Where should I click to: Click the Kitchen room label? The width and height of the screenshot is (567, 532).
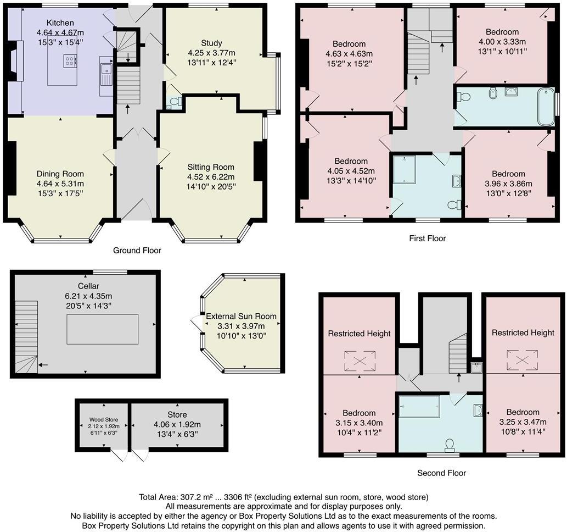[60, 23]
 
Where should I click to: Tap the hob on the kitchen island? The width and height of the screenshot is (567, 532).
[71, 62]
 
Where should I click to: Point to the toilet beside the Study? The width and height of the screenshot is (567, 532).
[175, 102]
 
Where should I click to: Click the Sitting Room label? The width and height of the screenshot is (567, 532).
[211, 167]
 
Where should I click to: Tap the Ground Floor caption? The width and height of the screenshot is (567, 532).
[137, 251]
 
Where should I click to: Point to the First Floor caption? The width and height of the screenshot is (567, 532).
[428, 239]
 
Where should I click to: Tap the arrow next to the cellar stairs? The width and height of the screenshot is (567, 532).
[43, 364]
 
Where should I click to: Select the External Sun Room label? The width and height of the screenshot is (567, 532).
[241, 317]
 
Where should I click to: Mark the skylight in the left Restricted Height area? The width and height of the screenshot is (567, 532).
[358, 361]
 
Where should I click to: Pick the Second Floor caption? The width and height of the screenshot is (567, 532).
[442, 473]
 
